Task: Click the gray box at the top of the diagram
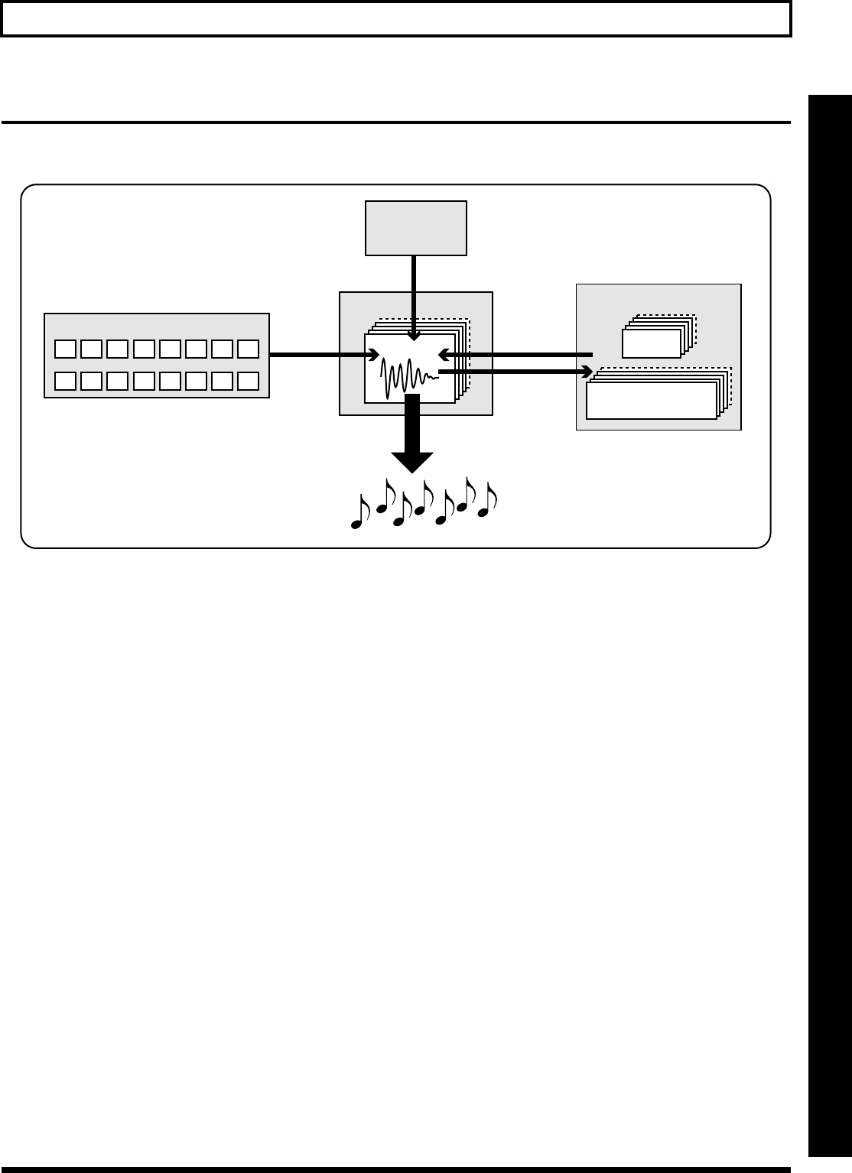coord(416,227)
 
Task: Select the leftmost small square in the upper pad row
coord(66,349)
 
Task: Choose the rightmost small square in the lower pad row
coord(248,380)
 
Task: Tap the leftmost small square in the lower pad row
coord(66,380)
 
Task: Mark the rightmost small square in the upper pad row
coord(248,349)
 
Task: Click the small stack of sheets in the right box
coord(652,342)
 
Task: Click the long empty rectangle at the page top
coord(395,18)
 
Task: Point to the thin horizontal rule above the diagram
coord(395,122)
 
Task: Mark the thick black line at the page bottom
coord(395,1168)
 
